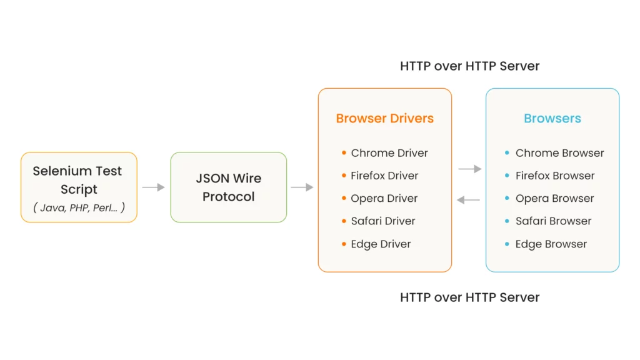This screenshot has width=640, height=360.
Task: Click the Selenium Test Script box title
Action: coord(77,179)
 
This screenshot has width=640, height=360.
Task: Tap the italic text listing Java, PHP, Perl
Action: coord(79,207)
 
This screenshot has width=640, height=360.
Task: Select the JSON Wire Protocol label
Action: coord(229,187)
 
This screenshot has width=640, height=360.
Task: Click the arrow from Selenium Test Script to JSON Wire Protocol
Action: coord(153,187)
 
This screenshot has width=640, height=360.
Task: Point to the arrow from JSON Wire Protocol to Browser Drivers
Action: coord(302,187)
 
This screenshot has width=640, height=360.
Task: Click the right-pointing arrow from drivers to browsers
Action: coord(469,169)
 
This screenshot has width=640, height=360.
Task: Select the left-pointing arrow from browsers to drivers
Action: coord(468,200)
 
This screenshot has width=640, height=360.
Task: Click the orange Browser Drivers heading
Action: coord(384,119)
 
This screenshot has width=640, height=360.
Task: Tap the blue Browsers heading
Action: coord(552,119)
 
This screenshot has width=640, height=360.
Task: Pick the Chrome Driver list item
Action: coord(389,153)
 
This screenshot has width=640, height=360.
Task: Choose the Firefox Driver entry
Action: coord(384,176)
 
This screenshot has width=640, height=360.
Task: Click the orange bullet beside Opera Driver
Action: coord(344,198)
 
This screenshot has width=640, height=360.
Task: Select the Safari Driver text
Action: coord(383,221)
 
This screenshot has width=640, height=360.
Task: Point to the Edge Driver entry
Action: coord(381,244)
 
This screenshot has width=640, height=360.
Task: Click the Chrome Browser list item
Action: coord(559,153)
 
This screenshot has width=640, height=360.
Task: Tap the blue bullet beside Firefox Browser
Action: coord(507,176)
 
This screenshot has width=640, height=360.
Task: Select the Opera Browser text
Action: coord(554,198)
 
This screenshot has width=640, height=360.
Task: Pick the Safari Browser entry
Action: coord(553,221)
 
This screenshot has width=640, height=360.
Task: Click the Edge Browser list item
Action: coord(551,244)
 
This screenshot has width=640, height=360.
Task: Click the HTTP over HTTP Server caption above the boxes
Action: coord(469,66)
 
